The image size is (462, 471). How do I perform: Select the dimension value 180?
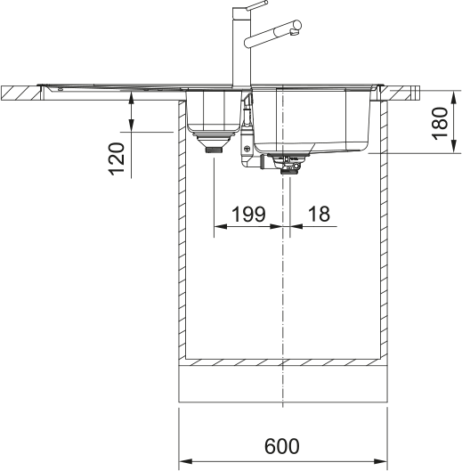[x=438, y=125]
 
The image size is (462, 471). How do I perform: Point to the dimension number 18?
[x=317, y=213]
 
